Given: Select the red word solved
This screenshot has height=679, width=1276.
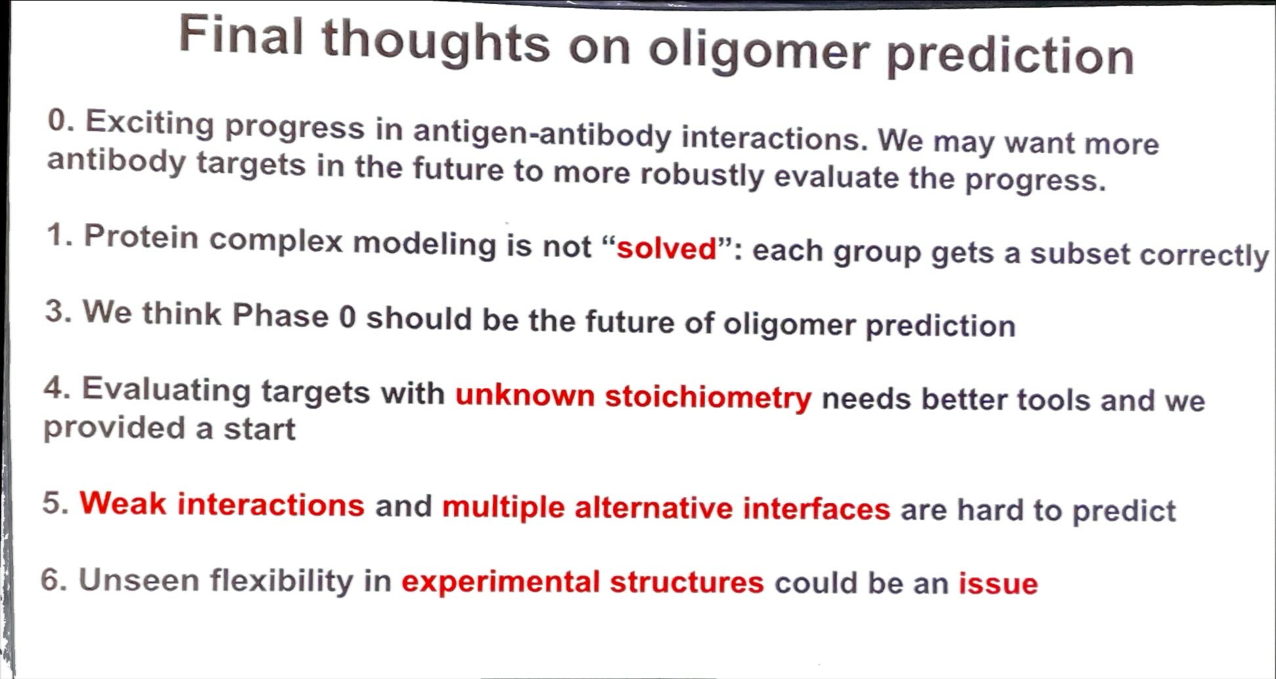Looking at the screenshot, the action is (666, 248).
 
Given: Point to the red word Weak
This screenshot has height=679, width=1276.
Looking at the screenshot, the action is (123, 504).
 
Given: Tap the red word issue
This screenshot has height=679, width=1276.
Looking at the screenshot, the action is (998, 583).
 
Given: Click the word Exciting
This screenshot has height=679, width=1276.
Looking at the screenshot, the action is (150, 125).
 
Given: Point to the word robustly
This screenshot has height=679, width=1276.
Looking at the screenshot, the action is (702, 175).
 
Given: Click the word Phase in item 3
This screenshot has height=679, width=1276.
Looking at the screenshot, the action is (281, 315).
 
